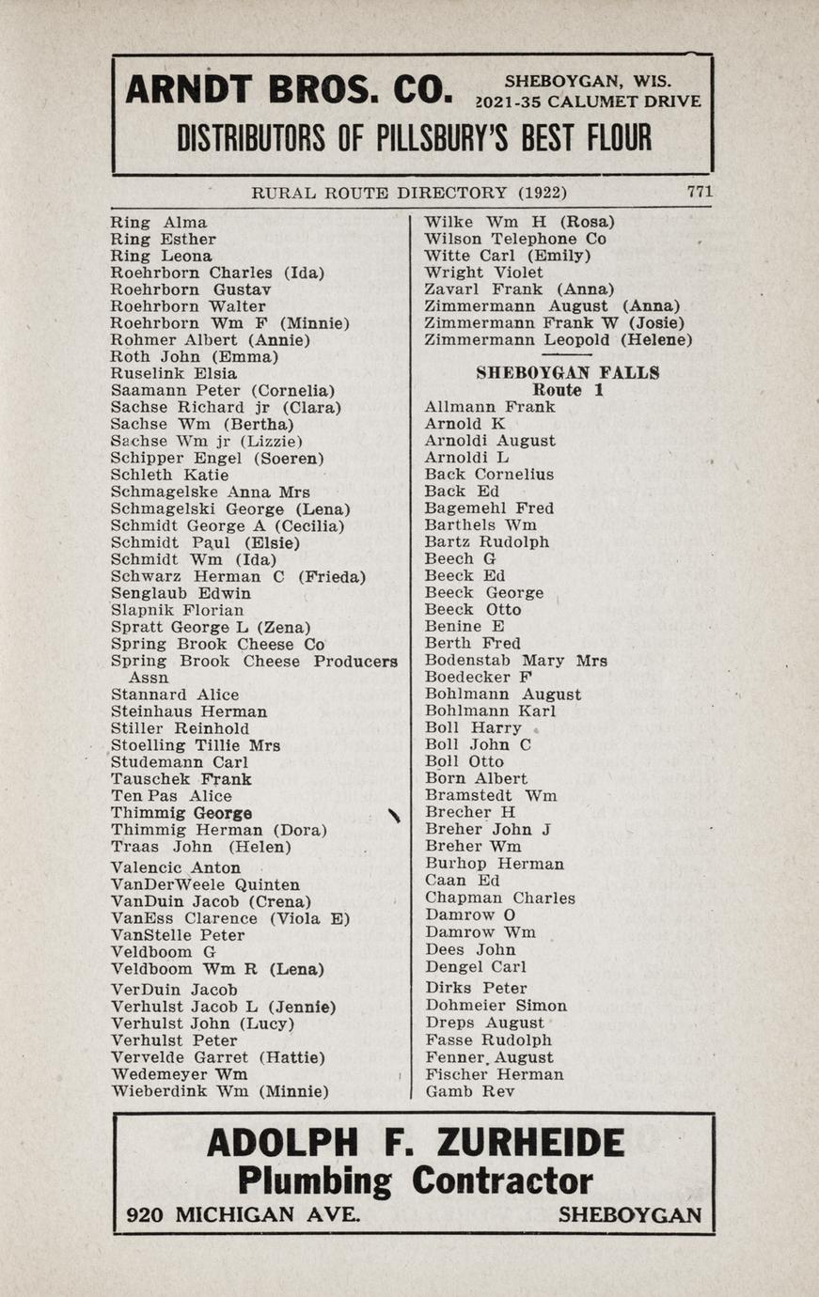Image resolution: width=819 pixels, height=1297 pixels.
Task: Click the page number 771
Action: coord(699,191)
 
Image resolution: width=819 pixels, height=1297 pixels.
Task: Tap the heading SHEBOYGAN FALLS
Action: coord(567,373)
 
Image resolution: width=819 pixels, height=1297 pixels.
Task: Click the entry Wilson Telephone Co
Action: coord(514,239)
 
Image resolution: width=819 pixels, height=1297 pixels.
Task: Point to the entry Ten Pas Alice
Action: coord(171,796)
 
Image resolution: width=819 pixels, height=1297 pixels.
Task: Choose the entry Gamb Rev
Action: coord(470,1091)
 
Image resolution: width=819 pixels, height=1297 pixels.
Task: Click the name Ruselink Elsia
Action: coord(174,373)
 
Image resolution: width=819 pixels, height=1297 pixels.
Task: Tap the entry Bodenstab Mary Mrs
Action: coord(515,661)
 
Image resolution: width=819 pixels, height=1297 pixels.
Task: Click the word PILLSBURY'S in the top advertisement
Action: coord(437,139)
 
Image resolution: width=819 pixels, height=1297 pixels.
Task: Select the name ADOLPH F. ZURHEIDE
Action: coord(415,1144)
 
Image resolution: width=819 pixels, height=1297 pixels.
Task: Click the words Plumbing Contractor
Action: coord(415,1180)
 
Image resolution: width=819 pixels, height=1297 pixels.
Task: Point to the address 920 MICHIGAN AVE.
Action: coord(243,1214)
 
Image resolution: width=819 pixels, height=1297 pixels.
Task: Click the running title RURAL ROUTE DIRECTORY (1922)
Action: coord(409,193)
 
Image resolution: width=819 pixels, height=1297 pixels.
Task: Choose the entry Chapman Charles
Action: coord(499,898)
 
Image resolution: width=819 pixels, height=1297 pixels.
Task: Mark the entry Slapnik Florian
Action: coord(177,610)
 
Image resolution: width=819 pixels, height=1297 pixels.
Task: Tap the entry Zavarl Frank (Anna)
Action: coord(519,289)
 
